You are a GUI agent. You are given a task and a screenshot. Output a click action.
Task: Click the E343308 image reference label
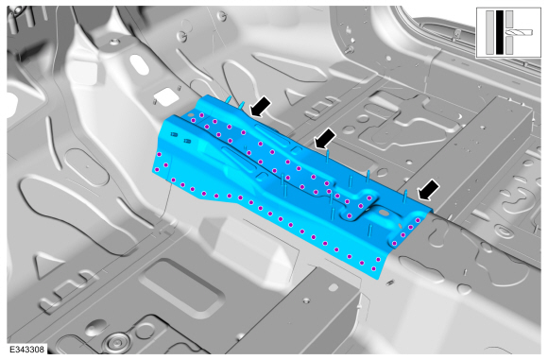[26, 350]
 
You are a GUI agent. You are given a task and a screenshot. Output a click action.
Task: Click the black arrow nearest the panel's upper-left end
[261, 106]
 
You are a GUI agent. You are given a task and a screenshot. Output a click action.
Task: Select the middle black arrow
[325, 138]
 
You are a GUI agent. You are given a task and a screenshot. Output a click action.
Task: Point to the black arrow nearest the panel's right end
[429, 190]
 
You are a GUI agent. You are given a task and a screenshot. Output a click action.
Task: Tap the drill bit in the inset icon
[519, 32]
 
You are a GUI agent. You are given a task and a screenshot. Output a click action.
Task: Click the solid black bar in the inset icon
[500, 32]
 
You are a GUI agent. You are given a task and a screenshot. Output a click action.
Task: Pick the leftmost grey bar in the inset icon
[490, 32]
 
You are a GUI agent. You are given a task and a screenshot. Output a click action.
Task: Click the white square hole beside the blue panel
[166, 95]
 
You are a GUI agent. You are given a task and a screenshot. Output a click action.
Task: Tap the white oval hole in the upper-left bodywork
[140, 64]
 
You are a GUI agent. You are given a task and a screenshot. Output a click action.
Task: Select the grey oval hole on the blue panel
[384, 213]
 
